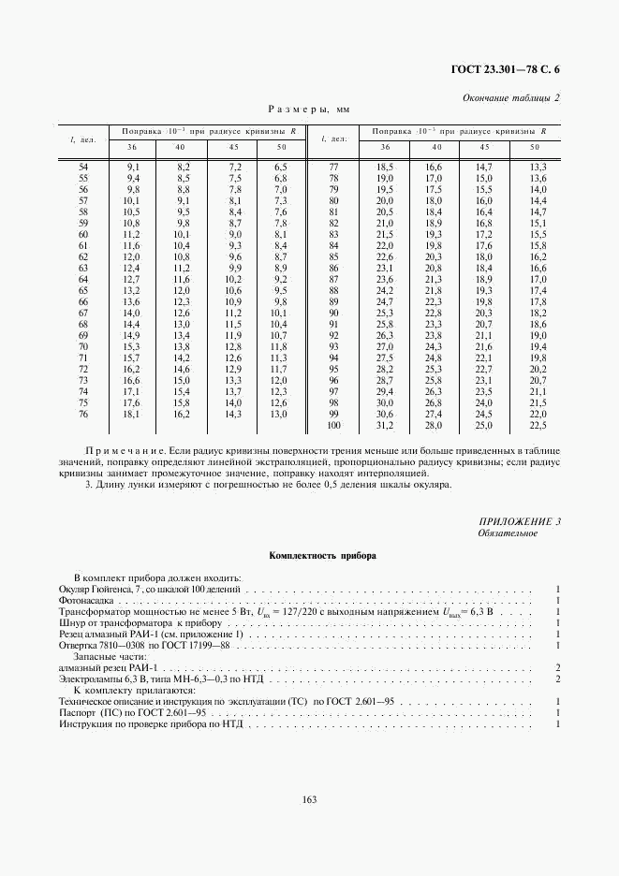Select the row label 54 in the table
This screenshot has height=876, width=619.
point(83,166)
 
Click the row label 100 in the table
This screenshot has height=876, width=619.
point(333,425)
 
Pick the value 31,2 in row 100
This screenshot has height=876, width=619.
point(384,425)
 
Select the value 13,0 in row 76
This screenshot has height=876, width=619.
point(279,414)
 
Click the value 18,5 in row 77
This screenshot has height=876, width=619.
point(384,166)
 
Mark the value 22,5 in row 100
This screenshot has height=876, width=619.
point(538,425)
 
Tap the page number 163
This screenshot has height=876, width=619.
point(309,798)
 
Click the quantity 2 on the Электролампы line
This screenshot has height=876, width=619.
point(557,679)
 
